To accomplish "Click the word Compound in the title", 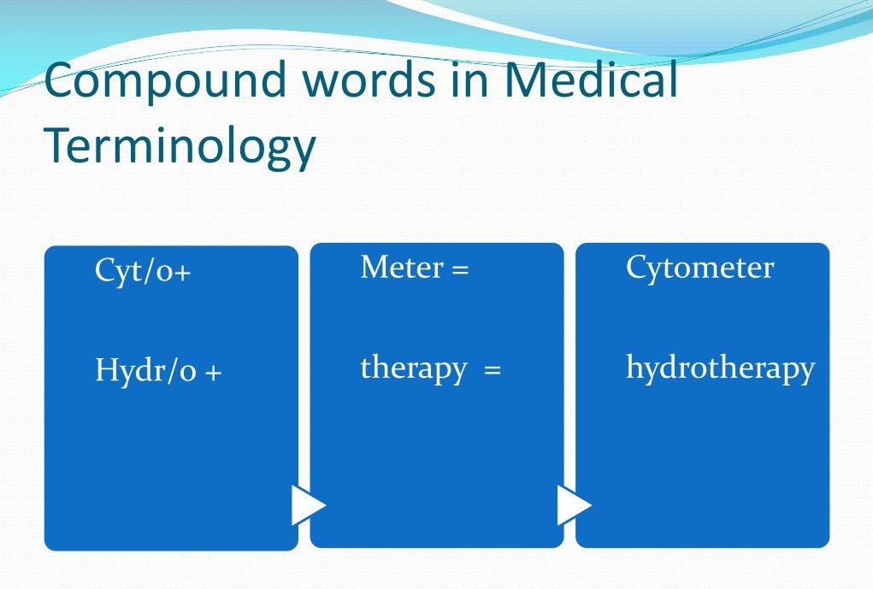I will point(162,82).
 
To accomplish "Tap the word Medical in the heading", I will point(592,80).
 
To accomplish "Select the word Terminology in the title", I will point(180,145).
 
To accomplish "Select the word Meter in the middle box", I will point(402,268).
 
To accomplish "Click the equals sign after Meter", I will point(460,270).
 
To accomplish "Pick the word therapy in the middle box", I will point(414,368).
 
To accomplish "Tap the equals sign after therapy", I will point(492,371).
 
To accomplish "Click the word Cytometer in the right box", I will point(699,268).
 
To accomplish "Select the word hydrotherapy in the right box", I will point(720,368).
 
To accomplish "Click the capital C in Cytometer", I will point(635,268).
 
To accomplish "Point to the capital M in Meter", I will point(373,268).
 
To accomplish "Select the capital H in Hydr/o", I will point(104,371).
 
